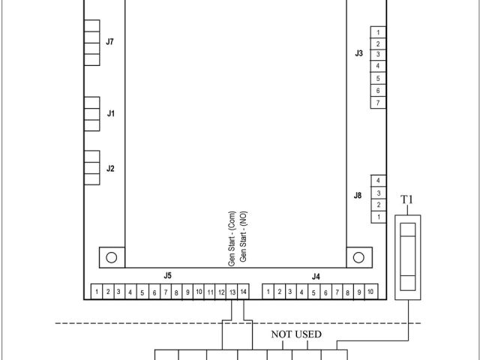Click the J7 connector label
pos(110,42)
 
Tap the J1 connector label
pos(111,113)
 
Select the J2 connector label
pos(110,169)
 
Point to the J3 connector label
pos(359,53)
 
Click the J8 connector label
pos(358,195)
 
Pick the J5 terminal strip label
pos(167,275)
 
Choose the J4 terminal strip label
pos(316,277)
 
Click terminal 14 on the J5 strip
pos(243,292)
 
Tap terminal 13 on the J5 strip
pos(232,292)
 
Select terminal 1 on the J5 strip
pos(97,292)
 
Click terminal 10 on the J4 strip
pos(370,292)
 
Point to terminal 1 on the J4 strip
pos(268,292)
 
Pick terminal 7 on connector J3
pos(378,103)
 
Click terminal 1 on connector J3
pos(378,32)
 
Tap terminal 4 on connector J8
pos(378,181)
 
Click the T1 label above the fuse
pos(406,199)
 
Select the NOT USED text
pos(296,334)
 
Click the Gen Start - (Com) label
pos(232,238)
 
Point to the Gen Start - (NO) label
pos(243,237)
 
